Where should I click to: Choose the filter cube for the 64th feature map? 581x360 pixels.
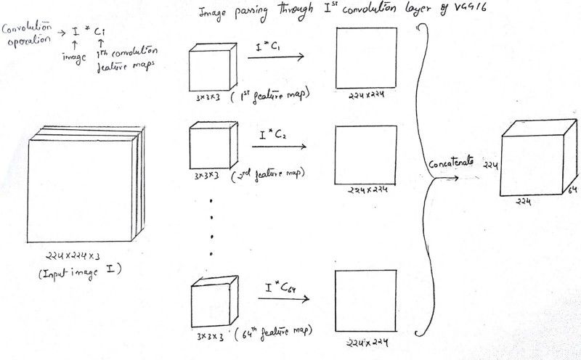[x=213, y=299]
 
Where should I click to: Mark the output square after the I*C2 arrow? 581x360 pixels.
[x=366, y=155]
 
